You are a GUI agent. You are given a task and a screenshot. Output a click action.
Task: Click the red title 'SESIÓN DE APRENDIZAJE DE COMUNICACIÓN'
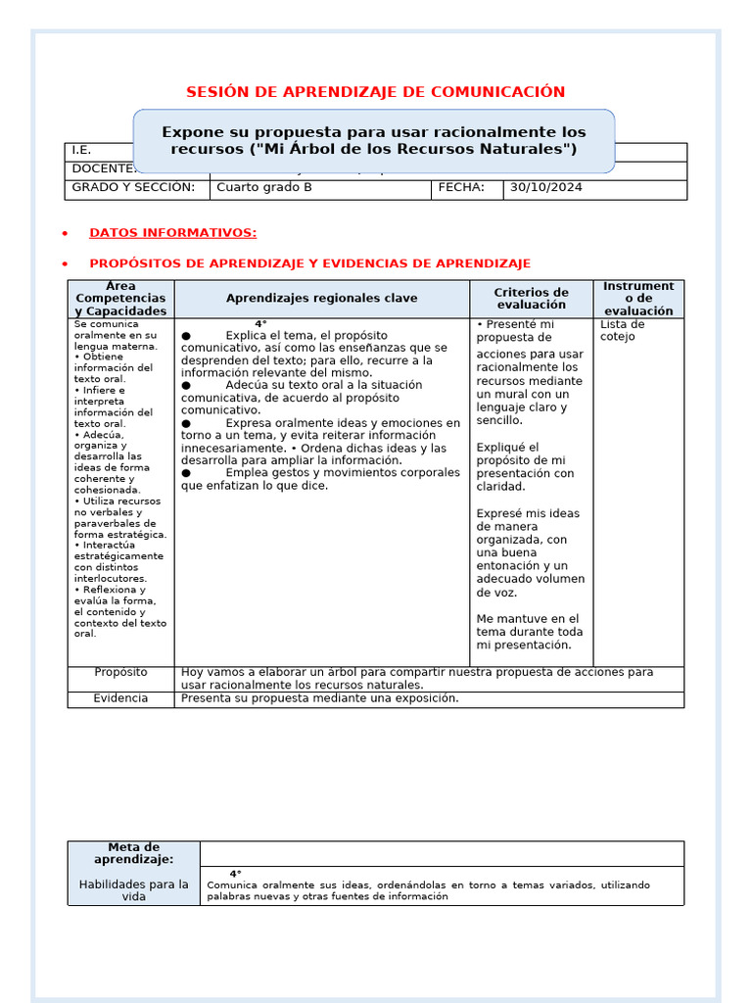[x=376, y=92]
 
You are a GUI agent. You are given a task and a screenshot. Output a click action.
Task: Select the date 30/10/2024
[x=545, y=188]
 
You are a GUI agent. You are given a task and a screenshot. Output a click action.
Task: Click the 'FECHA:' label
[x=461, y=188]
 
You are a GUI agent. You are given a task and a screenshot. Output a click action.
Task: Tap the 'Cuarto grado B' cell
[x=264, y=188]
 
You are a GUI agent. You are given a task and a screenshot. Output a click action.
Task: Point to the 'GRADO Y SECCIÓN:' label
[x=133, y=188]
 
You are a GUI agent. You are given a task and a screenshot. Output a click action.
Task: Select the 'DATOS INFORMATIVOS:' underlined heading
[x=172, y=233]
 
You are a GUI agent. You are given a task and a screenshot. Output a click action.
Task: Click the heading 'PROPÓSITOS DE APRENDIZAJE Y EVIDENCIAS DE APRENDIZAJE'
[x=309, y=263]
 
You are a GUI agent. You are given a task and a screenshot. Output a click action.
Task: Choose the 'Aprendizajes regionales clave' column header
[x=321, y=299]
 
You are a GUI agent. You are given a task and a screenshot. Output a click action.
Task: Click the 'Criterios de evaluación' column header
[x=531, y=299]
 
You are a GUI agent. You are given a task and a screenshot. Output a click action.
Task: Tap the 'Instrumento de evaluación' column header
[x=638, y=299]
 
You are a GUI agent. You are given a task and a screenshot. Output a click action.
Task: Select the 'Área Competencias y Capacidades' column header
[x=120, y=299]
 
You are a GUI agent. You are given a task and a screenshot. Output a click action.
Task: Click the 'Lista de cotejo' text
[x=622, y=331]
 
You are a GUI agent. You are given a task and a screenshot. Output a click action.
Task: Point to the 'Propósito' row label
[x=120, y=673]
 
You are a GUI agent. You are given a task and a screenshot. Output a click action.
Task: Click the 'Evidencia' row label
[x=120, y=698]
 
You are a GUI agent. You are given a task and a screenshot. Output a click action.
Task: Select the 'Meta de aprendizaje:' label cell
[x=133, y=853]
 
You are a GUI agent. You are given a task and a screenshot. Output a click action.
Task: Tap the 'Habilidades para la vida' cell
[x=133, y=890]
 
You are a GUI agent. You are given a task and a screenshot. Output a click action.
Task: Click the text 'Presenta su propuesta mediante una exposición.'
[x=319, y=698]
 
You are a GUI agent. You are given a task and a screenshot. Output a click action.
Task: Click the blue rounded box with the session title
[x=374, y=140]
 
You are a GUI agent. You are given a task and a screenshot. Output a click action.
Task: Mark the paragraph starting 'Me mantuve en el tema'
[x=529, y=632]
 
